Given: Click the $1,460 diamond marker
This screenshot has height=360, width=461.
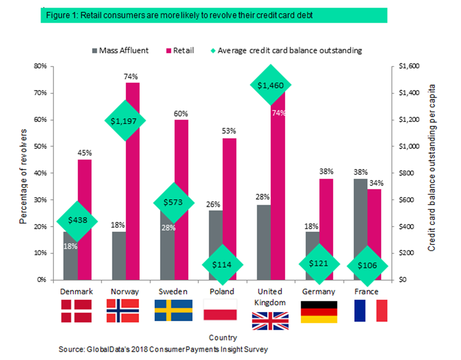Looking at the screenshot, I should [x=270, y=85].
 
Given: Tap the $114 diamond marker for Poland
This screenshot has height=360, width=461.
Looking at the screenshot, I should [x=222, y=264].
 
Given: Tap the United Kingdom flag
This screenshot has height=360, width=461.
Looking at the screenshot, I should [x=270, y=321].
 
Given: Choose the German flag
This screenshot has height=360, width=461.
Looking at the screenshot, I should [x=318, y=311].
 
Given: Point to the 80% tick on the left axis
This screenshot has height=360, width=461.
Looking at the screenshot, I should [x=40, y=66].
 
